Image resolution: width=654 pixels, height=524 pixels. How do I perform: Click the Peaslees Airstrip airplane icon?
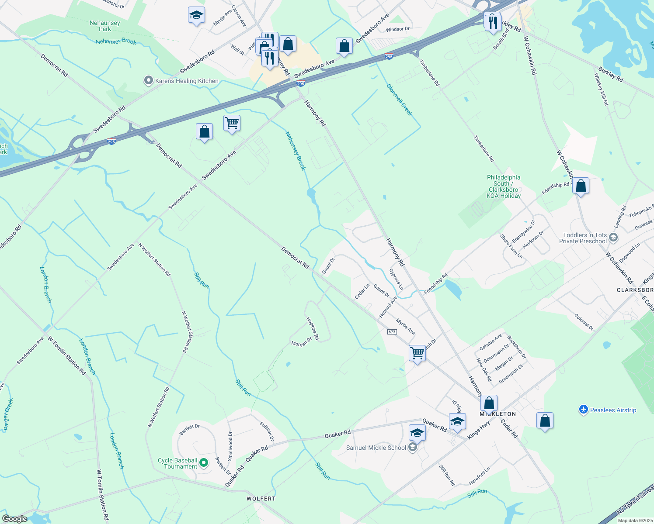point(584,410)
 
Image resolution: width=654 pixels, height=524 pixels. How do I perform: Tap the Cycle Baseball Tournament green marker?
point(203,462)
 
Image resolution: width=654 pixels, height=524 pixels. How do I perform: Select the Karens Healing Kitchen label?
point(187,81)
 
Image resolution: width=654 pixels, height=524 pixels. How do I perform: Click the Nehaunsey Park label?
point(105,26)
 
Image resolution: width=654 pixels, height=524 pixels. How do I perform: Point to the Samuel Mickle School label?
point(376,448)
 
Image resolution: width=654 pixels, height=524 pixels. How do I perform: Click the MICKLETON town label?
point(498,414)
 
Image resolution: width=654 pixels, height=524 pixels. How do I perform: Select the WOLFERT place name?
point(261,499)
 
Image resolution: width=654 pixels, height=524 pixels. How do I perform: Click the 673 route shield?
point(392,332)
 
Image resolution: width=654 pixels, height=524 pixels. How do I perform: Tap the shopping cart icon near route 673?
point(417,352)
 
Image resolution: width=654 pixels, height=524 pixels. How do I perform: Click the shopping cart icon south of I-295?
point(232,123)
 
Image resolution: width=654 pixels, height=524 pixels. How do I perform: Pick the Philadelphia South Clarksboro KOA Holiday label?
point(504,186)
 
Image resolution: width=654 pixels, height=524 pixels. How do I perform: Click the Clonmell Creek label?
point(399,100)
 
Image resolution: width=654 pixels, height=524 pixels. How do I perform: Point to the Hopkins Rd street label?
point(313,328)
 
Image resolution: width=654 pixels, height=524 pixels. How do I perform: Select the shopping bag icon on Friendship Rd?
point(581,186)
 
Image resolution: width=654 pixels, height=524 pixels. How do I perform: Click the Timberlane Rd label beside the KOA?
point(484,148)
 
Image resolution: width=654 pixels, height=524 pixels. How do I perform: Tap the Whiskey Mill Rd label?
point(601,89)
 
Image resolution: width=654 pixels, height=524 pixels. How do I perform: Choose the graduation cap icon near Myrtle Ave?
point(196,15)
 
